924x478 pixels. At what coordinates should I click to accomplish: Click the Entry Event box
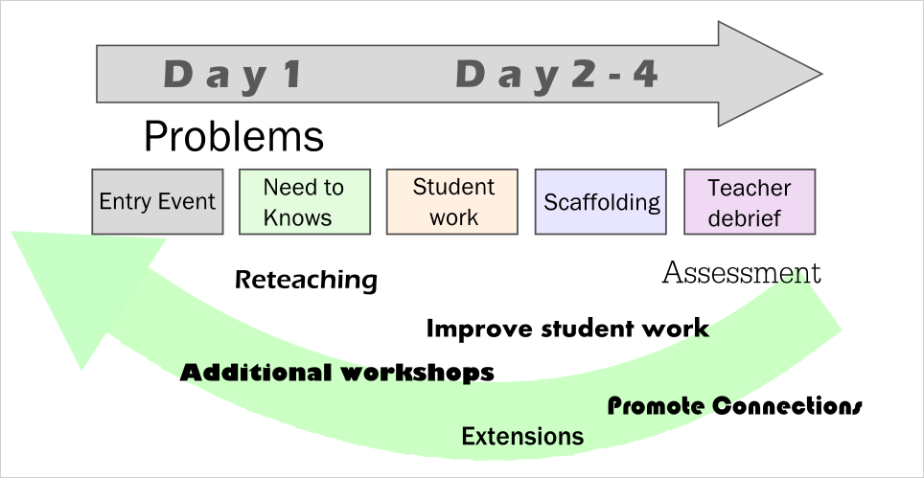[157, 202]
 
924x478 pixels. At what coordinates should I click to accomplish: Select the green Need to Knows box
[305, 202]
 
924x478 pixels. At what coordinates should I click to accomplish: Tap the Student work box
[452, 202]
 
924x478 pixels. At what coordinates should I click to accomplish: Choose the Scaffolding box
[600, 202]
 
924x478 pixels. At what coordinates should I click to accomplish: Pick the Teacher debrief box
[750, 202]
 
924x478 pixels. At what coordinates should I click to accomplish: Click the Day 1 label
[232, 76]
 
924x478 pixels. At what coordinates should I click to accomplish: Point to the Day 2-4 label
[556, 76]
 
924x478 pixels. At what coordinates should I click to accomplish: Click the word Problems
[234, 136]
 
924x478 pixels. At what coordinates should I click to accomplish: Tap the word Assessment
[741, 273]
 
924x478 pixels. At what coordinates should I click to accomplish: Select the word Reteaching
[306, 280]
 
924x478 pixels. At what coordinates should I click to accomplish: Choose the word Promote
[655, 406]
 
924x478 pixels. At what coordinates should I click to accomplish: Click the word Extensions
[522, 436]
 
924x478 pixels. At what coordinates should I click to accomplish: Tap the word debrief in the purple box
[744, 217]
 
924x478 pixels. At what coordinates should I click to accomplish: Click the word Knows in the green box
[297, 217]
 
